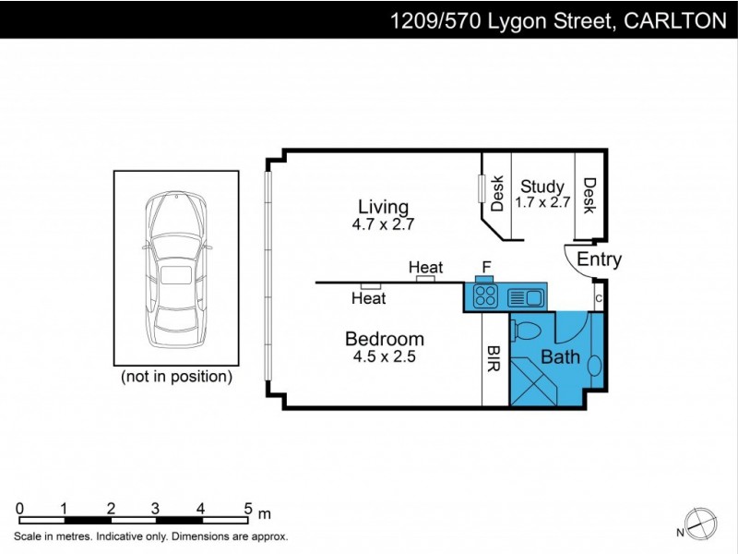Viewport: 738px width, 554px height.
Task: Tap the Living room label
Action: coord(383,207)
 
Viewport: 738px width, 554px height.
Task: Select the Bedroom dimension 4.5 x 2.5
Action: coord(384,356)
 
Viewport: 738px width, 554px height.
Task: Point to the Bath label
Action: coord(560,356)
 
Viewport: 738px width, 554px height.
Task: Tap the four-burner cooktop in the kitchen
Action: coord(486,296)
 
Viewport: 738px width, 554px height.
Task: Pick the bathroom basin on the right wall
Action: coord(594,365)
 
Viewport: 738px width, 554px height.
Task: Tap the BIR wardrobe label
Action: coord(495,359)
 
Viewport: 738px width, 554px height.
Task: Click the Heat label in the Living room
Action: coord(425,268)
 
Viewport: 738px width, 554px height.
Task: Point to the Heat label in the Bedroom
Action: coord(368,298)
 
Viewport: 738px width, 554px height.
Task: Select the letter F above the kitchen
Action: coord(485,267)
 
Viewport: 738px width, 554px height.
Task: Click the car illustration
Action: coord(175,268)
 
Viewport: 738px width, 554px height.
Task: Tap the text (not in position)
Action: coord(177,377)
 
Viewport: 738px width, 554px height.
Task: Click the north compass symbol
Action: coord(698,523)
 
